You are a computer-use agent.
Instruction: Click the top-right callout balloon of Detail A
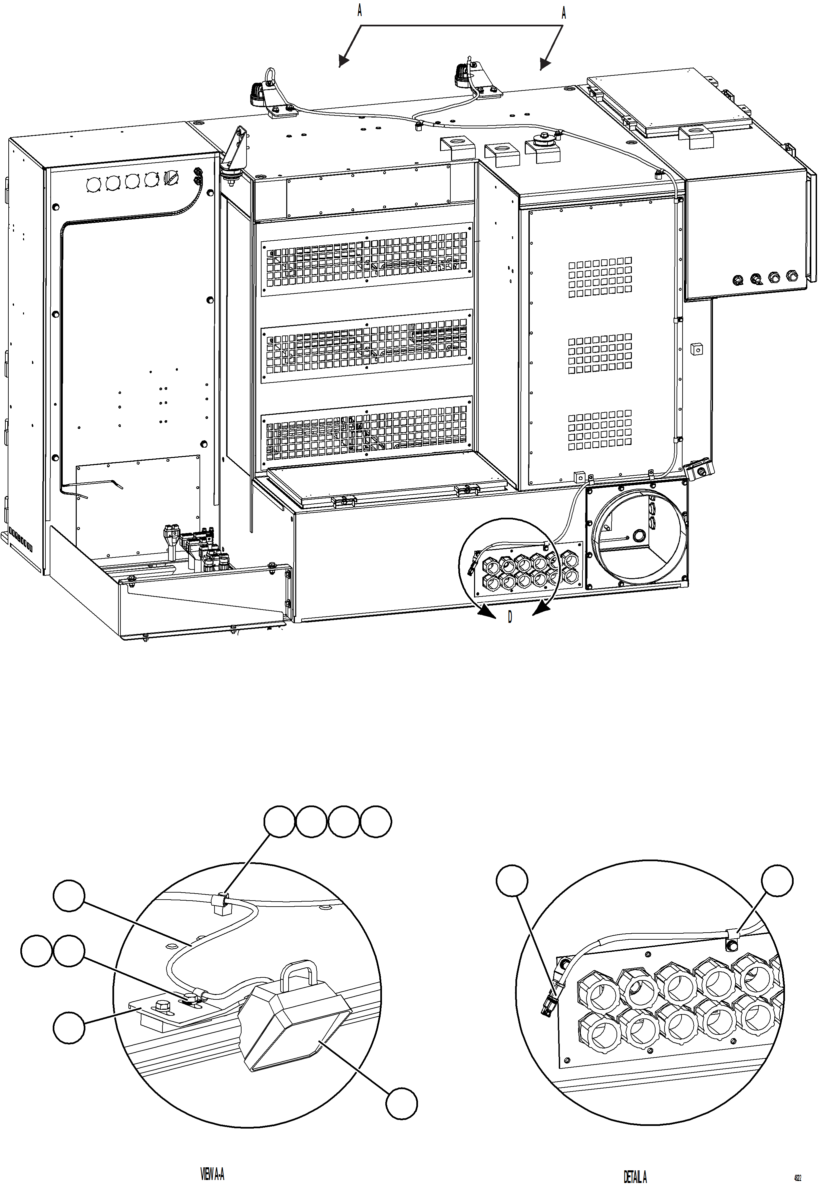point(777,881)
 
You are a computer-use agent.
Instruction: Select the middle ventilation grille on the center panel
point(366,345)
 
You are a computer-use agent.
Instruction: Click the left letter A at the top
point(360,11)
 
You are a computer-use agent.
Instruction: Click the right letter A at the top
point(564,13)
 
